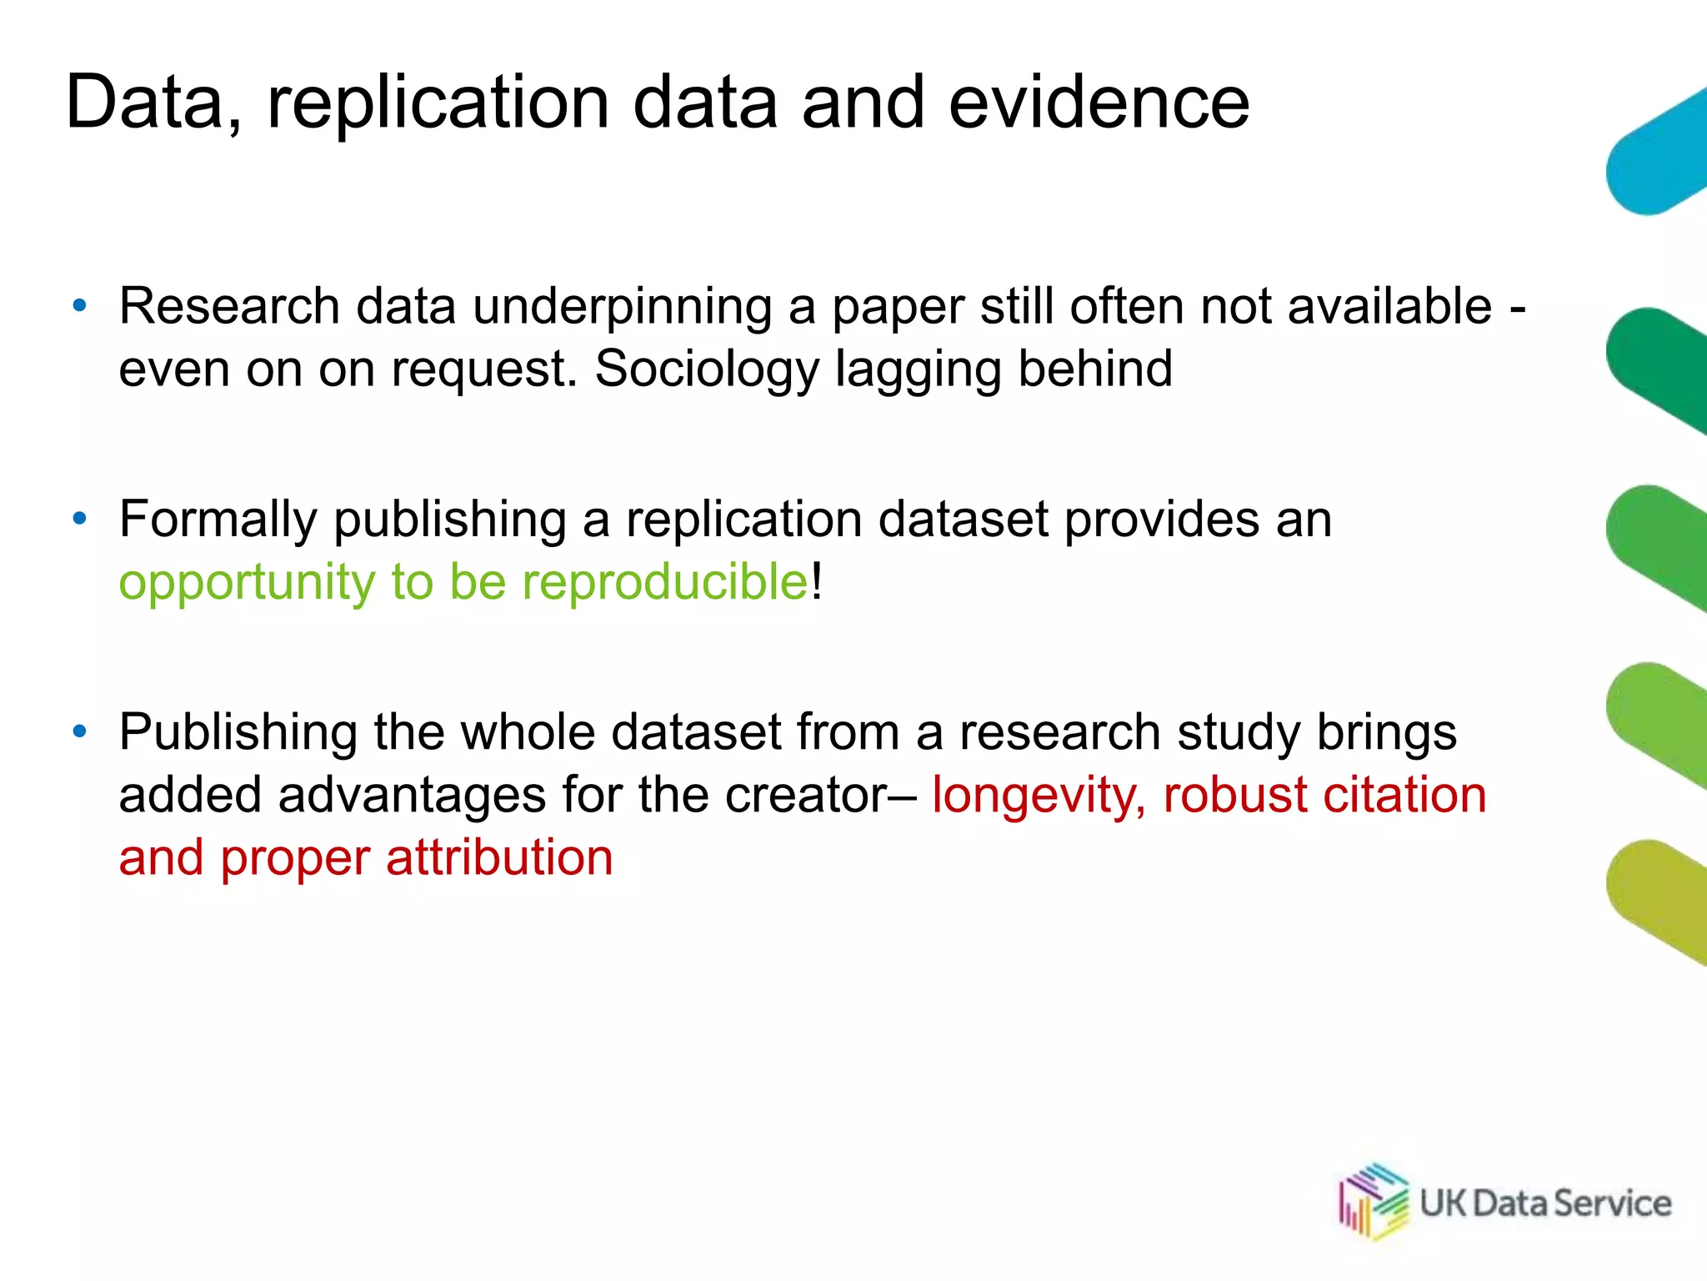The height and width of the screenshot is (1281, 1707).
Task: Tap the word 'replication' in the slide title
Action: click(x=438, y=104)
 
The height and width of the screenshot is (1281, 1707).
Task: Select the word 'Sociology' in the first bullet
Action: click(x=707, y=369)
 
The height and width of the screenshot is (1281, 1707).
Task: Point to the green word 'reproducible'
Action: click(x=664, y=581)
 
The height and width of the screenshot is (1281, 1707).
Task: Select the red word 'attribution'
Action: click(x=499, y=858)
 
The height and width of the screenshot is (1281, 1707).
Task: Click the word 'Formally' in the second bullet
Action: click(x=218, y=520)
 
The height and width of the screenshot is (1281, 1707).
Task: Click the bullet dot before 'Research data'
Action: click(x=80, y=306)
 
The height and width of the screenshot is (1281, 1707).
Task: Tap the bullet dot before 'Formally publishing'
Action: click(x=80, y=519)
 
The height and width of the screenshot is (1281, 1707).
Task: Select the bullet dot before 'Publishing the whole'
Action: click(x=80, y=731)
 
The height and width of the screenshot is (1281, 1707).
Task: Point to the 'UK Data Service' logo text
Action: click(x=1545, y=1203)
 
